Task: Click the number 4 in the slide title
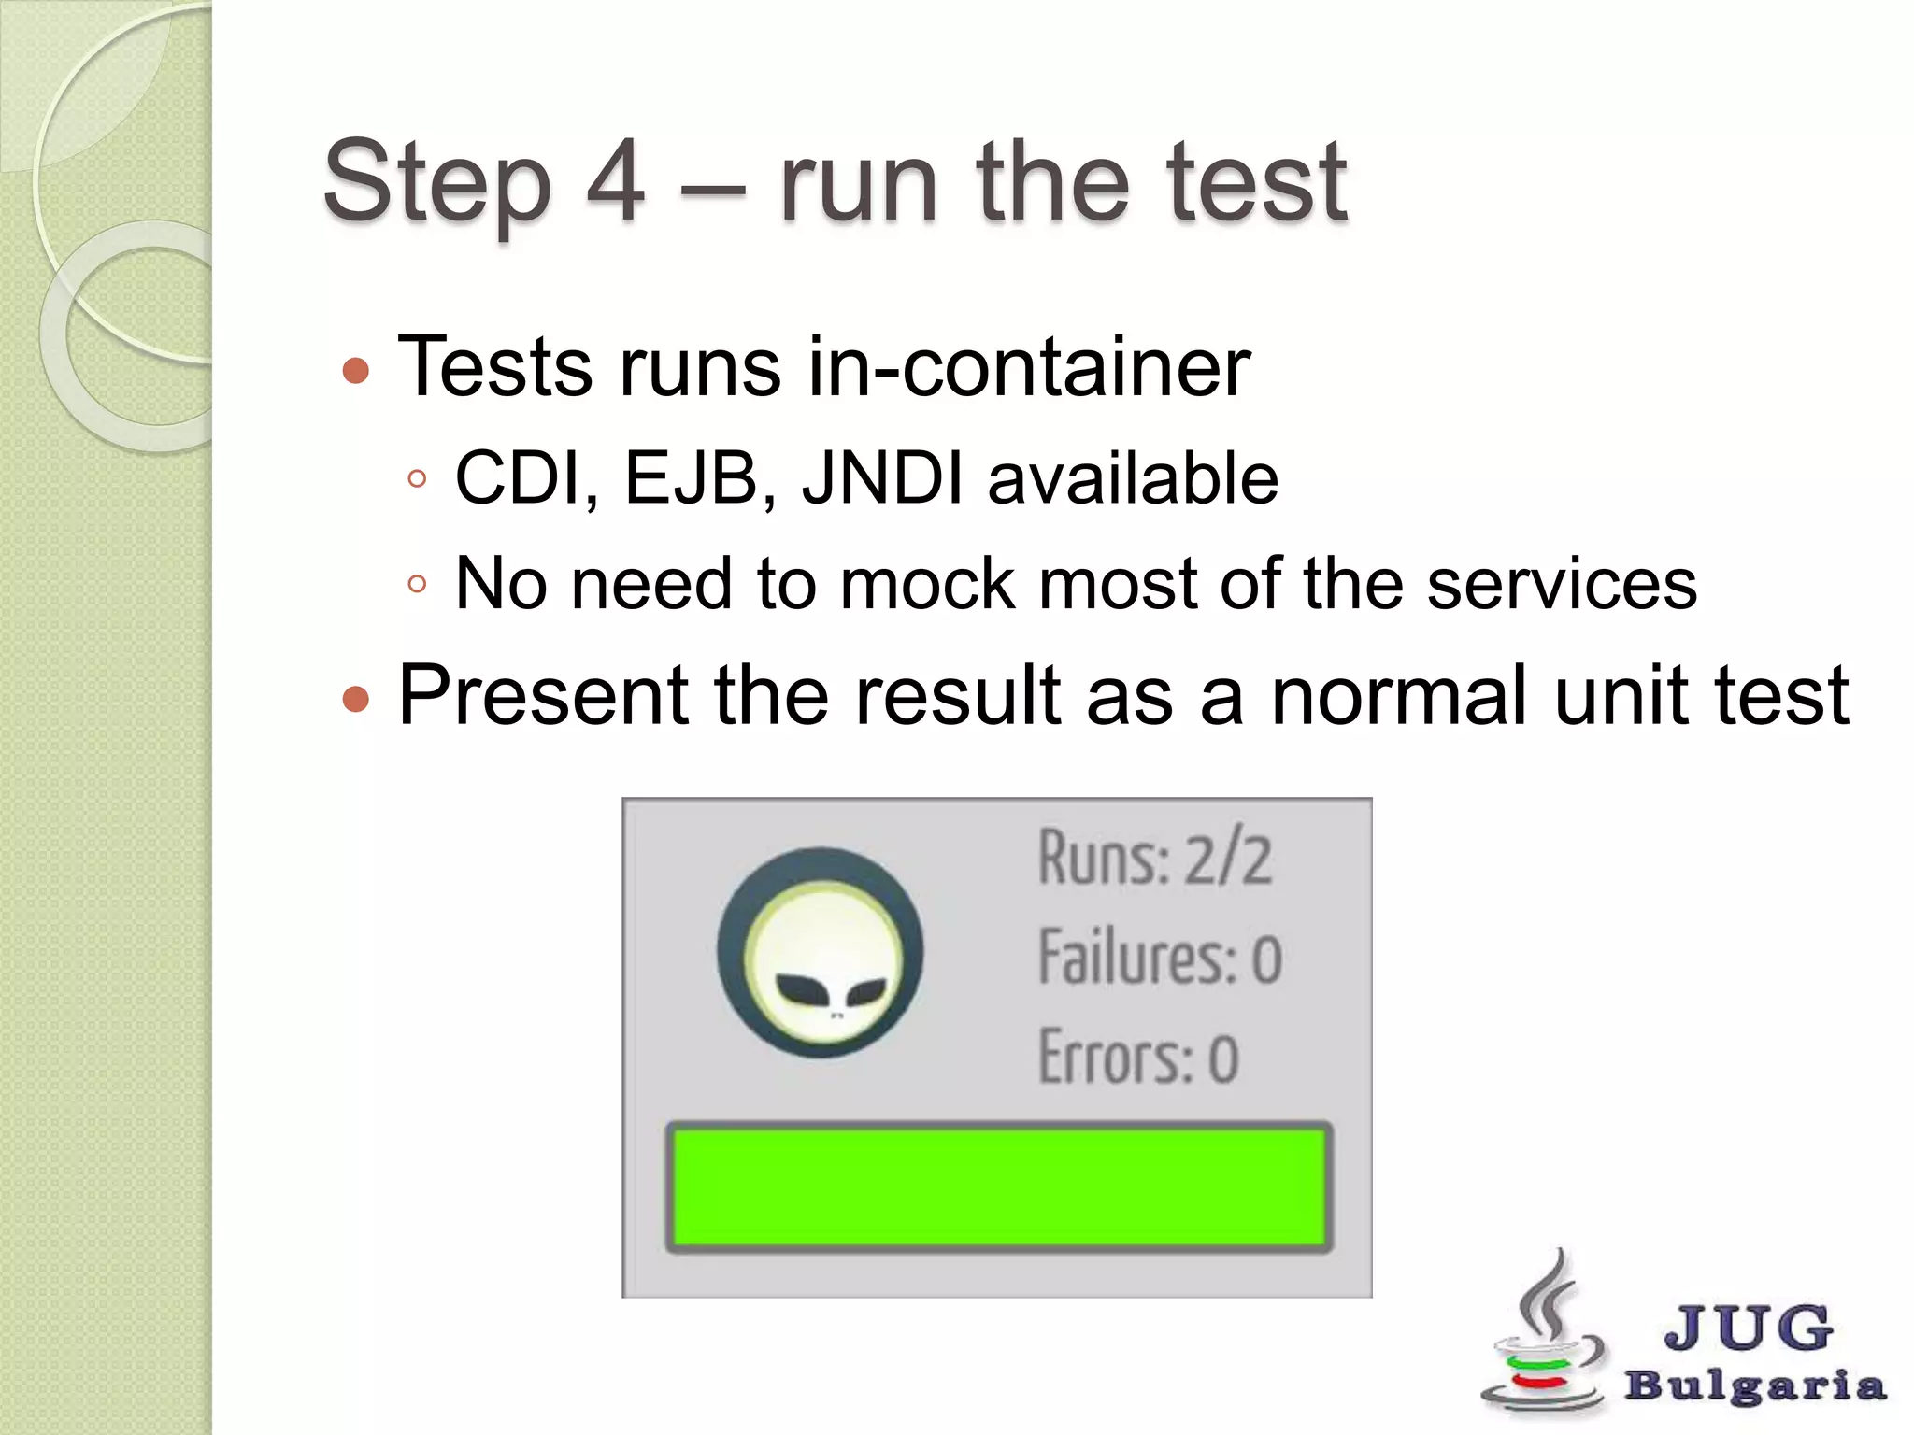tap(616, 181)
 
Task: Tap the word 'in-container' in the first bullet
tap(1029, 367)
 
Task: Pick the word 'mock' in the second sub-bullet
tap(926, 585)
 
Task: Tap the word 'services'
tap(1561, 585)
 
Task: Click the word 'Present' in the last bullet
tap(542, 696)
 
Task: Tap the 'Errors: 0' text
tap(1138, 1058)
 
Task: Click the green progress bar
tap(998, 1186)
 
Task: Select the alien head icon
tap(821, 953)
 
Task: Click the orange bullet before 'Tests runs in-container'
tap(356, 371)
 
